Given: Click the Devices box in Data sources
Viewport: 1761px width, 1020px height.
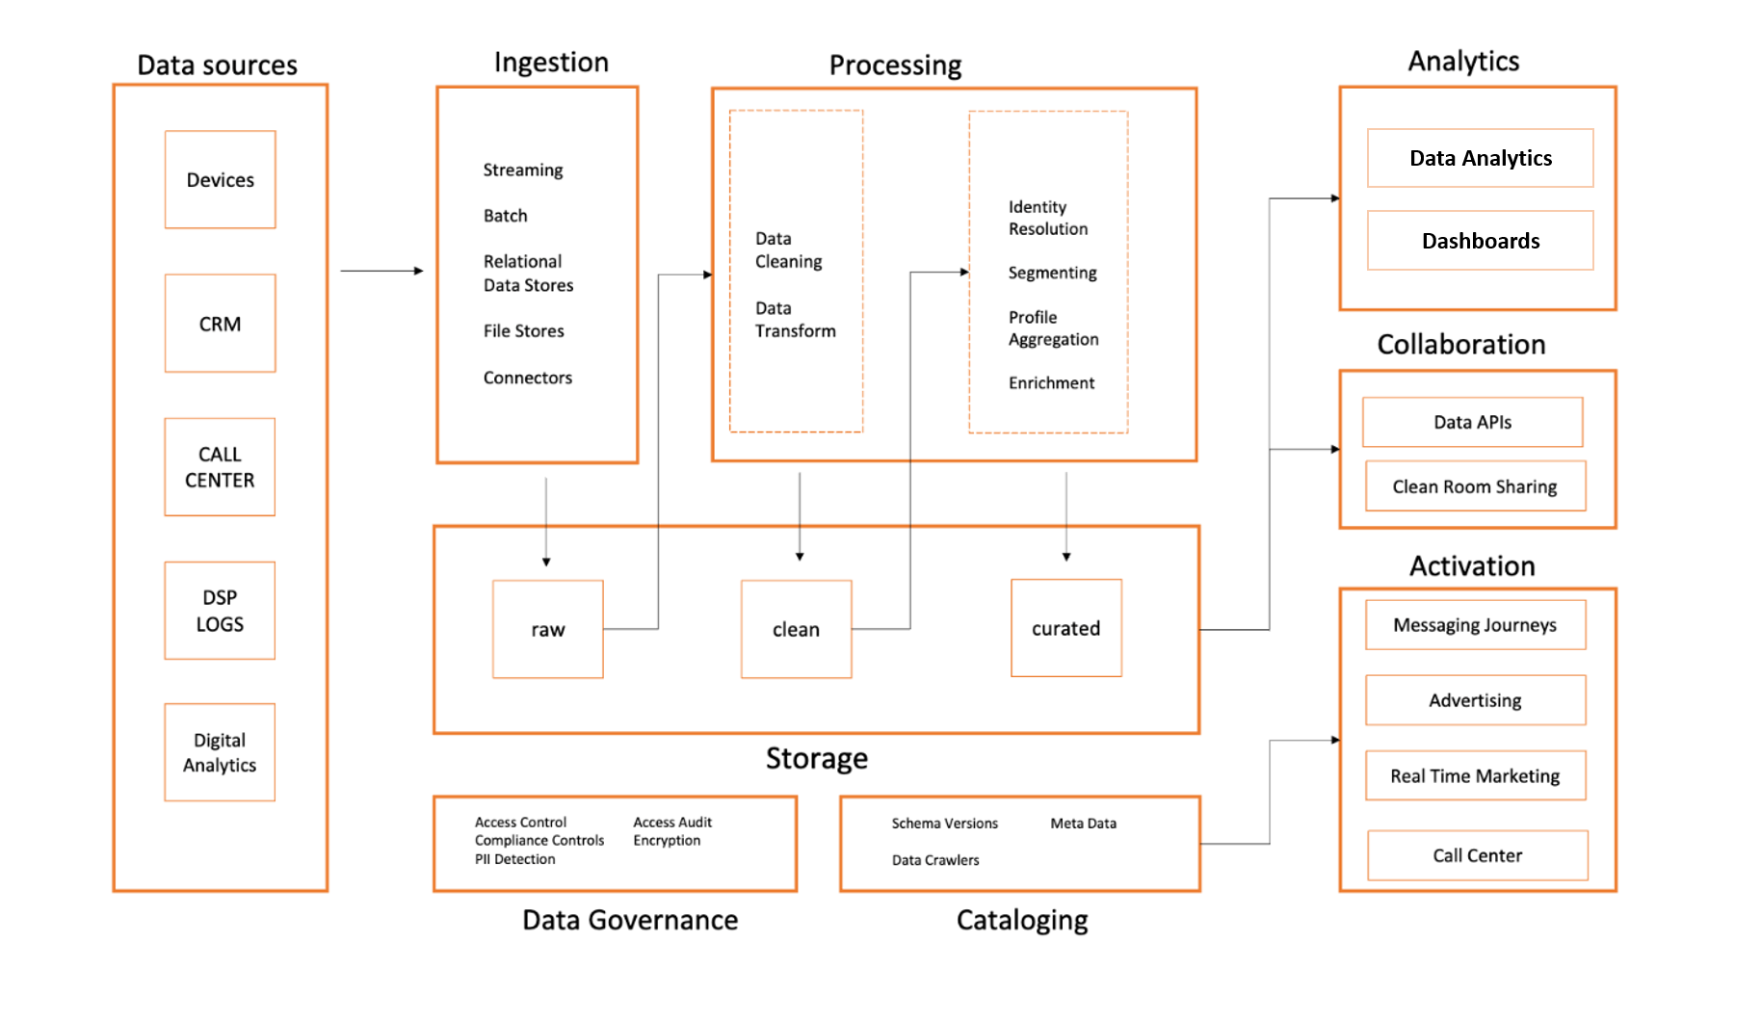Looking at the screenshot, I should pyautogui.click(x=220, y=180).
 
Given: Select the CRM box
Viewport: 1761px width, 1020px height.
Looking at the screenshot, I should pyautogui.click(x=220, y=324).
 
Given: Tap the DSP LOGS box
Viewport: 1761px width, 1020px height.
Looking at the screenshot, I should pyautogui.click(x=220, y=611).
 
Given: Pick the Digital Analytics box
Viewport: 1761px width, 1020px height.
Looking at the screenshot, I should pyautogui.click(x=220, y=752).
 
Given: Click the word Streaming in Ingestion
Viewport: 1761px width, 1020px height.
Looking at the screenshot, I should pyautogui.click(x=522, y=170).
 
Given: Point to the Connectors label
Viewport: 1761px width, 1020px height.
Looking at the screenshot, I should pyautogui.click(x=527, y=378).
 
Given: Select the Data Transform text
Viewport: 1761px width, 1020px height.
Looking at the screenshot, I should pyautogui.click(x=795, y=320).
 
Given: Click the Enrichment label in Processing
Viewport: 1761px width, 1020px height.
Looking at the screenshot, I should pyautogui.click(x=1051, y=383).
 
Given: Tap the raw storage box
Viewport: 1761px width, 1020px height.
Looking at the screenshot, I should pyautogui.click(x=547, y=629).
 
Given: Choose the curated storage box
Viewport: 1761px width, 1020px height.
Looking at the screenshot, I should pyautogui.click(x=1065, y=628).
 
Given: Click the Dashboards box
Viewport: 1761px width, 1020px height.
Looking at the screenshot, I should pyautogui.click(x=1480, y=241).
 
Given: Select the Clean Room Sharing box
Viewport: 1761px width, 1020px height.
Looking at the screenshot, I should pyautogui.click(x=1474, y=486).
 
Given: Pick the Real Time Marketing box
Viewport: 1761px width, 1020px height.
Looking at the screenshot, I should pyautogui.click(x=1474, y=775).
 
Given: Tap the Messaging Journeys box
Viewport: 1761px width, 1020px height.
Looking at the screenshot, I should pyautogui.click(x=1474, y=625).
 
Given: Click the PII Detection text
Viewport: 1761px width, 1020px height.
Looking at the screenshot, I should pyautogui.click(x=514, y=859).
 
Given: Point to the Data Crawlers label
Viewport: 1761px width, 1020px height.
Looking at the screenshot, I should pyautogui.click(x=934, y=860).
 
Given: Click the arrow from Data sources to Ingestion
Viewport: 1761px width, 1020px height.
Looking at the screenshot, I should pyautogui.click(x=381, y=271).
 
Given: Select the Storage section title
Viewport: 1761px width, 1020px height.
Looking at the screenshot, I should pyautogui.click(x=816, y=759).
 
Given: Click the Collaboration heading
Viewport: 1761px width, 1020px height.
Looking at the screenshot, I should pyautogui.click(x=1460, y=345).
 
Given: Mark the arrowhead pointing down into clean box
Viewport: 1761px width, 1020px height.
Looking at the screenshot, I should pyautogui.click(x=800, y=556).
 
